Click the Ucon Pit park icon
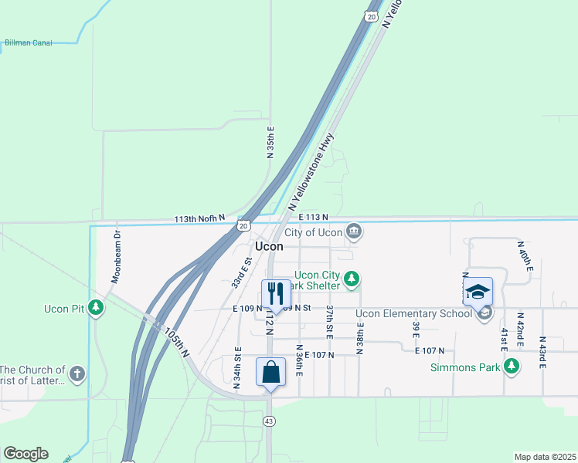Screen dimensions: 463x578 96,309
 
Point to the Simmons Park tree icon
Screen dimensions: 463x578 511,367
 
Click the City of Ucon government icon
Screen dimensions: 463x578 353,231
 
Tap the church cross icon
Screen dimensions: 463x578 76,374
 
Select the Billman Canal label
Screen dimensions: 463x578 29,43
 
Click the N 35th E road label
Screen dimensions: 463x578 270,142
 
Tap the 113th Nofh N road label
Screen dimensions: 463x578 199,219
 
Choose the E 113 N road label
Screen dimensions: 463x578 313,218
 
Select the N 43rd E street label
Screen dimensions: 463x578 542,353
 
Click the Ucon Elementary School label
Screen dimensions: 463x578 413,313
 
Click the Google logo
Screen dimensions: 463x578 25,454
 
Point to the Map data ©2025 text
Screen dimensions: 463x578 545,457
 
